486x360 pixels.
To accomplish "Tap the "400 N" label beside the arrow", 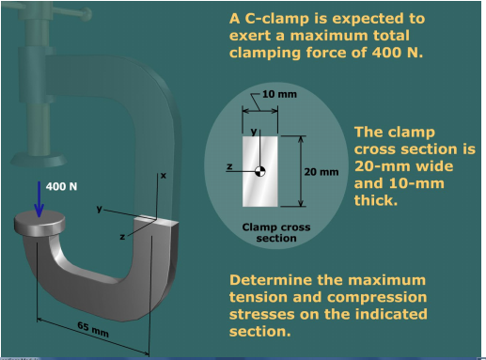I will click(x=62, y=186).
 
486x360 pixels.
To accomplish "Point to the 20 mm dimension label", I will click(x=322, y=172).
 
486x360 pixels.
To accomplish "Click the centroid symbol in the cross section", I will click(x=260, y=170).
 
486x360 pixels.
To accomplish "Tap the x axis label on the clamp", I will click(x=163, y=176).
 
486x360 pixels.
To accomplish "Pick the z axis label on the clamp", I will click(x=122, y=237).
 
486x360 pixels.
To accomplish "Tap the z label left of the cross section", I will click(x=228, y=165).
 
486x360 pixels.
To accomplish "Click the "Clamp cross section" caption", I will click(x=276, y=232).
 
